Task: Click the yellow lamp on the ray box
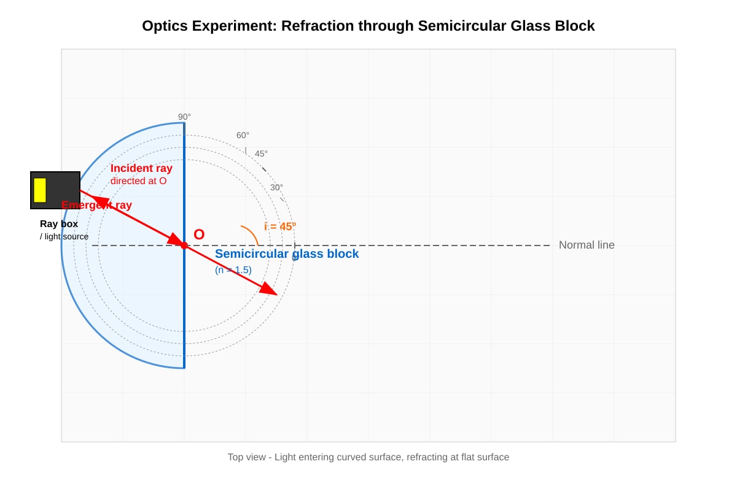pyautogui.click(x=40, y=190)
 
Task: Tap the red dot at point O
pyautogui.click(x=184, y=245)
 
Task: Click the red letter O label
pyautogui.click(x=199, y=234)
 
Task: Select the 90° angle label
pyautogui.click(x=184, y=117)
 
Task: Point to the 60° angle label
pyautogui.click(x=243, y=135)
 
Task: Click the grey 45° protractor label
pyautogui.click(x=261, y=153)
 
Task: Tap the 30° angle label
pyautogui.click(x=277, y=187)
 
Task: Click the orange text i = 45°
pyautogui.click(x=280, y=226)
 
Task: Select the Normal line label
pyautogui.click(x=587, y=245)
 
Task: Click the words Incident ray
pyautogui.click(x=141, y=168)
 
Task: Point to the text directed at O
pyautogui.click(x=139, y=181)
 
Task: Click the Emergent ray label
pyautogui.click(x=97, y=205)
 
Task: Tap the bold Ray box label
pyautogui.click(x=59, y=224)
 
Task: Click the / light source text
pyautogui.click(x=64, y=236)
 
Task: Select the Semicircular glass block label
pyautogui.click(x=287, y=254)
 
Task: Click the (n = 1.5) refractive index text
pyautogui.click(x=233, y=270)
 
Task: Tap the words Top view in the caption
pyautogui.click(x=247, y=457)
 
